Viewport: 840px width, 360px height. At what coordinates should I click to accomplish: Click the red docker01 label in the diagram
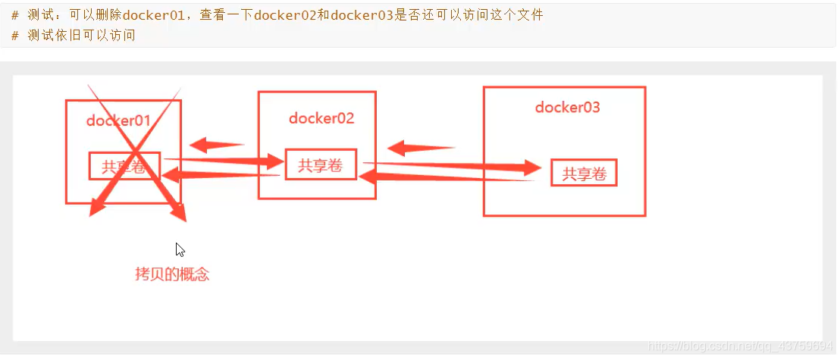pos(118,120)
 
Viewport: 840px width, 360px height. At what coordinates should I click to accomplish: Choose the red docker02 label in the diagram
pos(321,118)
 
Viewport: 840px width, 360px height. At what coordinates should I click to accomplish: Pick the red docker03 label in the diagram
pos(567,108)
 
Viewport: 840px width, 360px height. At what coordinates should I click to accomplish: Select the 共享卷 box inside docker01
pos(124,166)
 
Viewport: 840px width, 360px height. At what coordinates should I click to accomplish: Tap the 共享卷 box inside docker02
pos(321,165)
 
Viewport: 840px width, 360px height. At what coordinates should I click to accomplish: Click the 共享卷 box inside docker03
pos(584,174)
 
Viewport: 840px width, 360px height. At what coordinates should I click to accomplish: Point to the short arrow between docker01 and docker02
pos(215,144)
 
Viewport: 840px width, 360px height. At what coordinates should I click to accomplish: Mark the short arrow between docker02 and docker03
pos(420,148)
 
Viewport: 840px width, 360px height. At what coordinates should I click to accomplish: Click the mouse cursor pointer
pos(180,249)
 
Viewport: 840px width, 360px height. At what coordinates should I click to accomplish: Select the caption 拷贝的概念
pos(172,274)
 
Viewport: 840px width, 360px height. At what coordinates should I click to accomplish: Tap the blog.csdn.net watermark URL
pos(742,346)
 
